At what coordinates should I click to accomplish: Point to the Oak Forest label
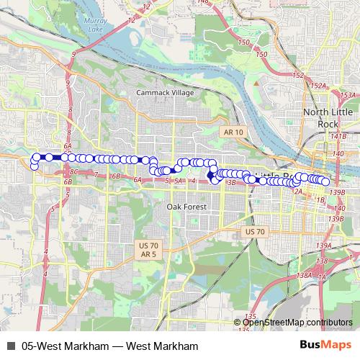pyautogui.click(x=186, y=207)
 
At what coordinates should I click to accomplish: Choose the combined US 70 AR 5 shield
pyautogui.click(x=149, y=250)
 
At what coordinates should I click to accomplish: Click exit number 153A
pyautogui.click(x=348, y=95)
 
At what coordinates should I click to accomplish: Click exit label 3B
pyautogui.click(x=231, y=183)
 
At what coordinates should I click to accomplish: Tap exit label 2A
pyautogui.click(x=297, y=191)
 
